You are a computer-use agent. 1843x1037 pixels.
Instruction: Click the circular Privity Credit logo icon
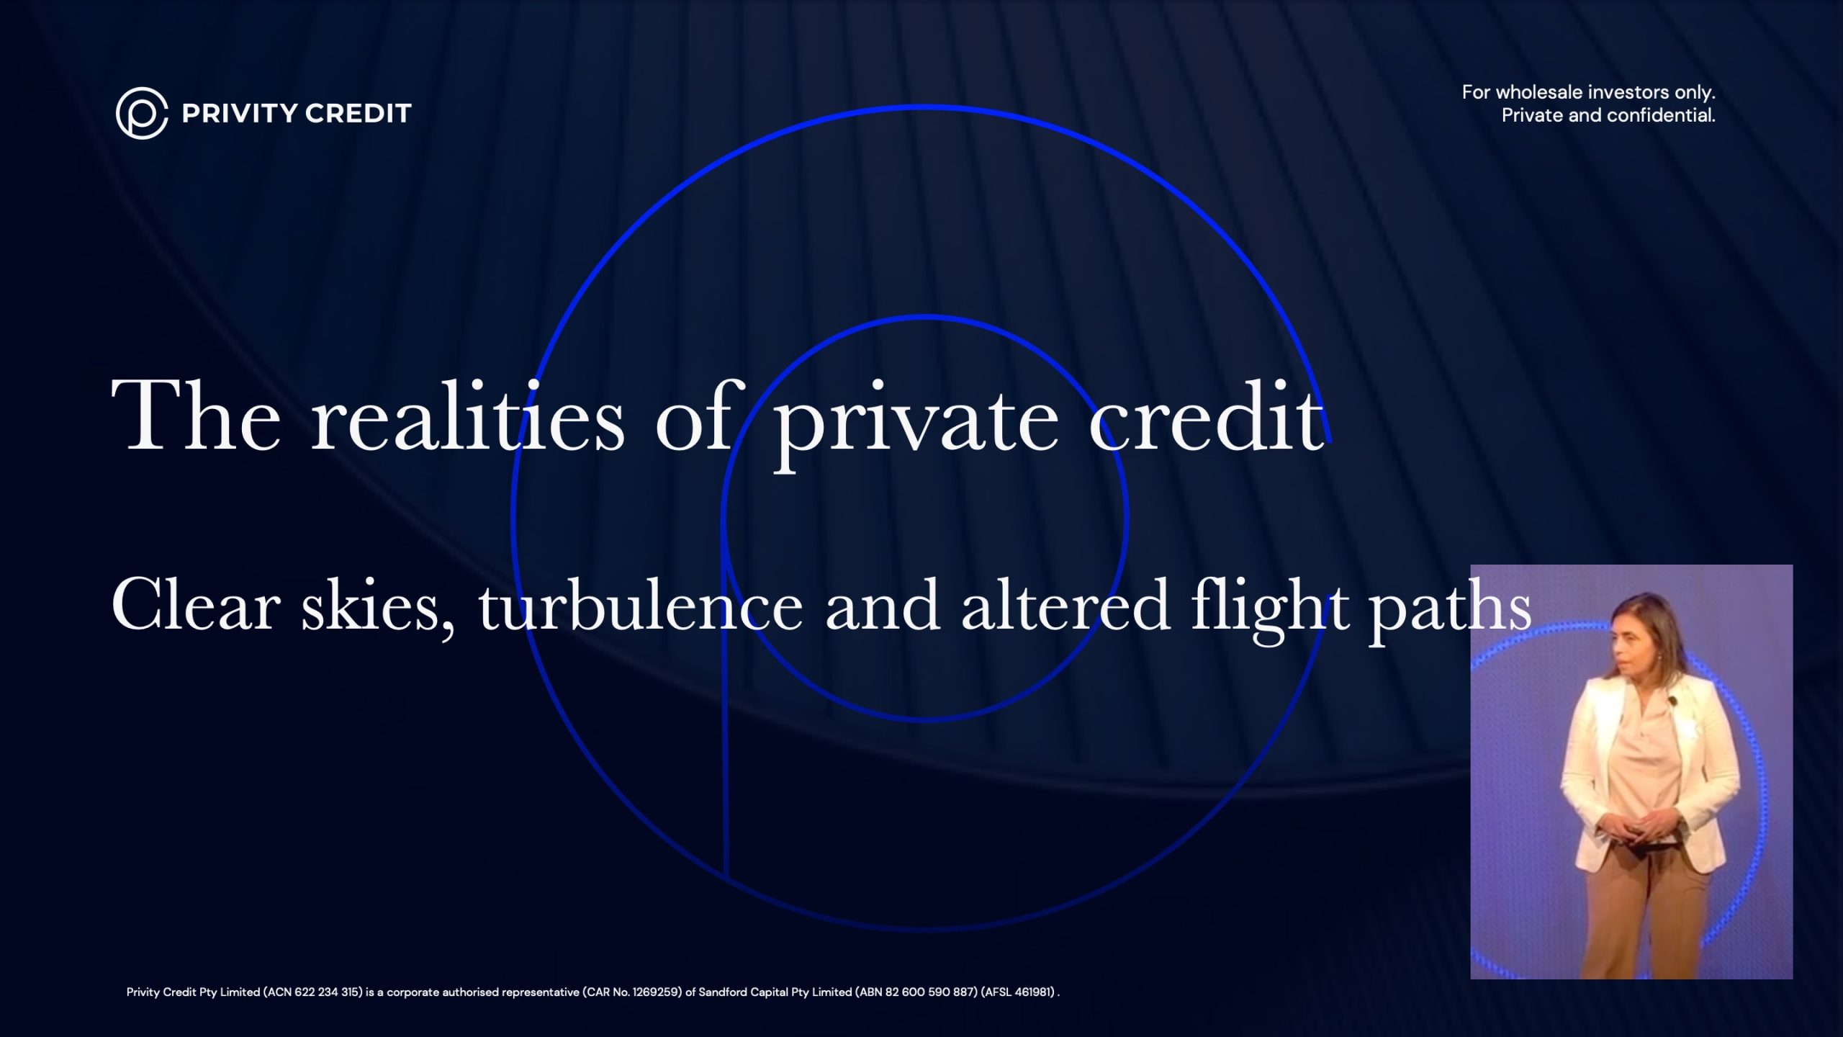(142, 113)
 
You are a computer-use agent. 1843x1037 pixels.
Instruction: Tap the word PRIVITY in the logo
(240, 113)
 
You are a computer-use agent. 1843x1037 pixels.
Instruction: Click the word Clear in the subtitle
(195, 605)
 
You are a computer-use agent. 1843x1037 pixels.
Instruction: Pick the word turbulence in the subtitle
(641, 605)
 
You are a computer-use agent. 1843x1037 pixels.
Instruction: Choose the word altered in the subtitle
(1065, 605)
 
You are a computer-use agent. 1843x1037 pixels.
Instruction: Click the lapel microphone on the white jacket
(1673, 699)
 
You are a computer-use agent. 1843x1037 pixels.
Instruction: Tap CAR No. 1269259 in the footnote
(633, 992)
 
